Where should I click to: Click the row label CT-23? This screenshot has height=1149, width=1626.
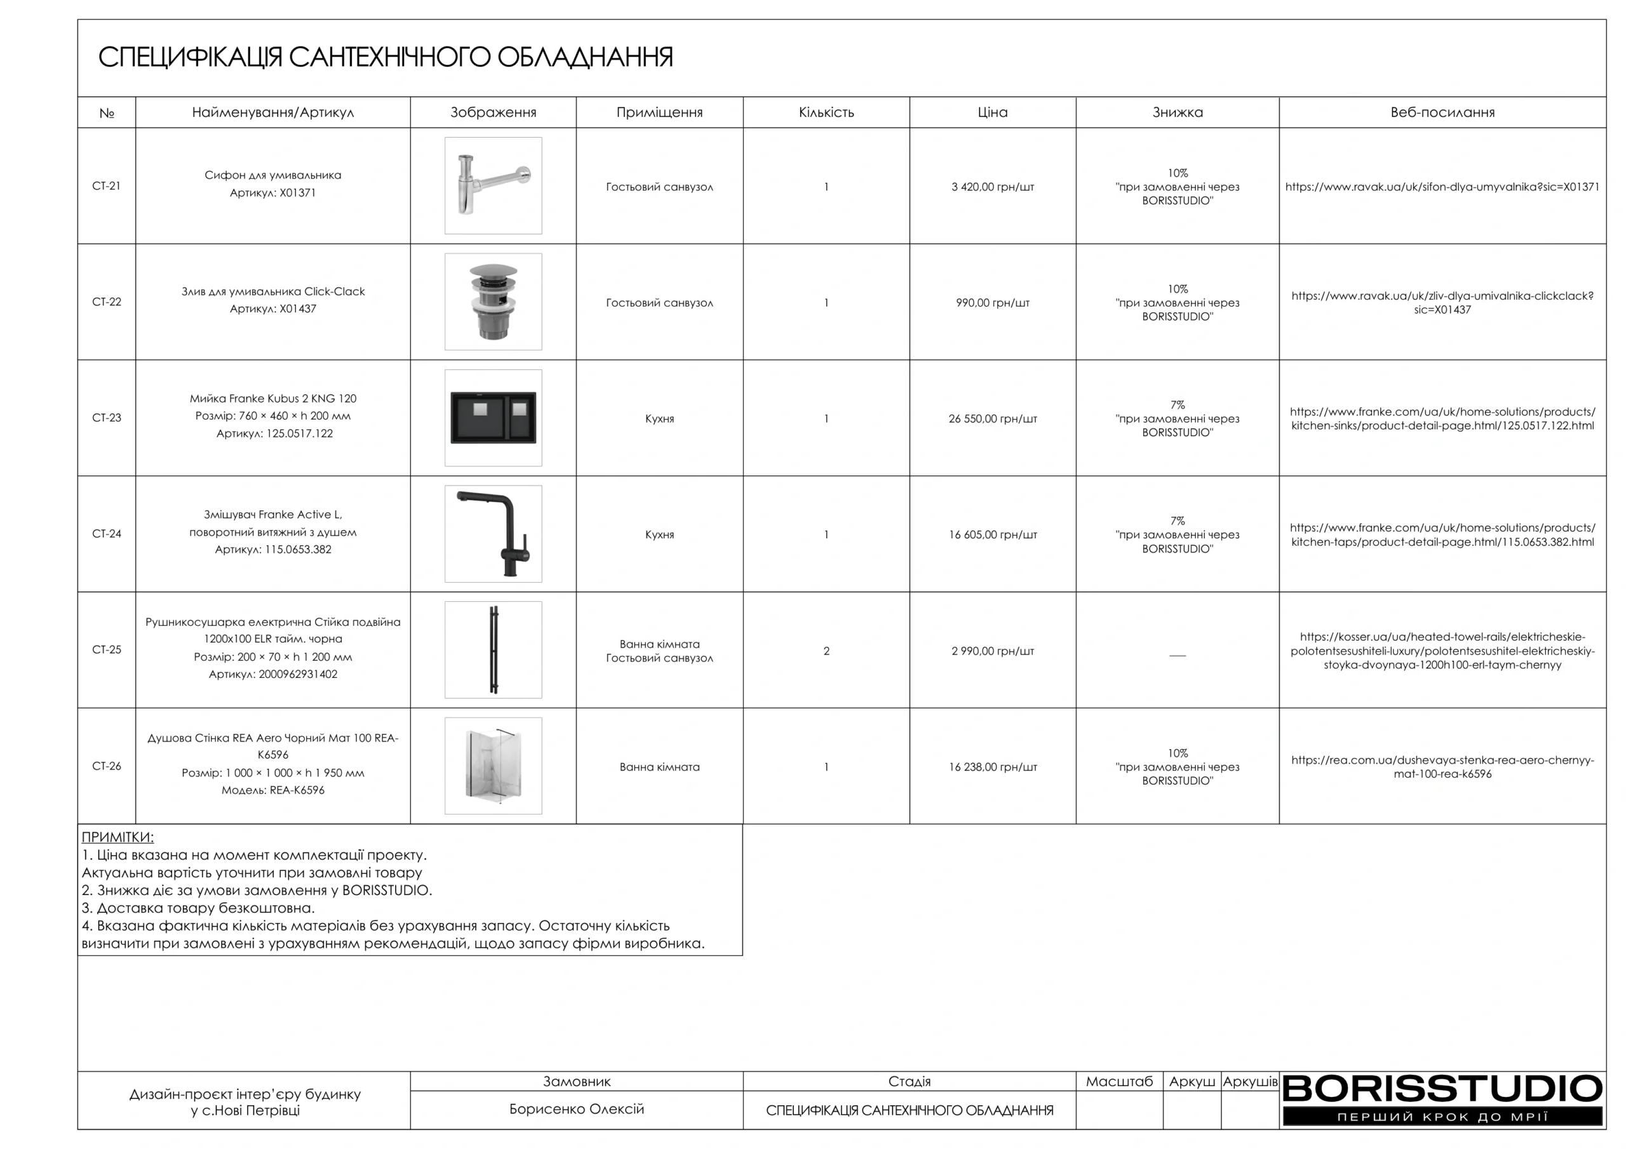coord(106,418)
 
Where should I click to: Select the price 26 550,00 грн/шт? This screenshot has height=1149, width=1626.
coord(992,418)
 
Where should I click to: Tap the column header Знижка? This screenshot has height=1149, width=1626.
coord(1177,112)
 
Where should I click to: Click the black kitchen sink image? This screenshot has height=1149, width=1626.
coord(493,418)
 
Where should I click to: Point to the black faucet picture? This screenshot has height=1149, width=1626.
coord(493,534)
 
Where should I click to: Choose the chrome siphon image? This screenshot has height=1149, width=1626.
coord(493,185)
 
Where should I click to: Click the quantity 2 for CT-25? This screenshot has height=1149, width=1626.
coord(826,651)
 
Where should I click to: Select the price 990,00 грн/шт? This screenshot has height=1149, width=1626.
coord(992,302)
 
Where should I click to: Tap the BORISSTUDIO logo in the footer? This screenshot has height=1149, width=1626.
coord(1442,1099)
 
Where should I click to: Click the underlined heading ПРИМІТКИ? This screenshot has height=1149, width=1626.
coord(118,837)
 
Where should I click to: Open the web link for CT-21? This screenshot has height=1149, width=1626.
coord(1442,187)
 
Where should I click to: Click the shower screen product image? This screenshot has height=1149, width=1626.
coord(493,766)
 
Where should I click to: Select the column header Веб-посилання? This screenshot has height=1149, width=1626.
coord(1442,112)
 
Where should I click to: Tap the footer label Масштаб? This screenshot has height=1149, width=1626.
coord(1119,1081)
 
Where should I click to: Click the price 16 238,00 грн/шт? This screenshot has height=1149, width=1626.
coord(992,767)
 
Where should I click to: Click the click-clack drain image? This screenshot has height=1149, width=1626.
coord(493,302)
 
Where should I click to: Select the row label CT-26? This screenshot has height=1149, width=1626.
coord(106,766)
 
